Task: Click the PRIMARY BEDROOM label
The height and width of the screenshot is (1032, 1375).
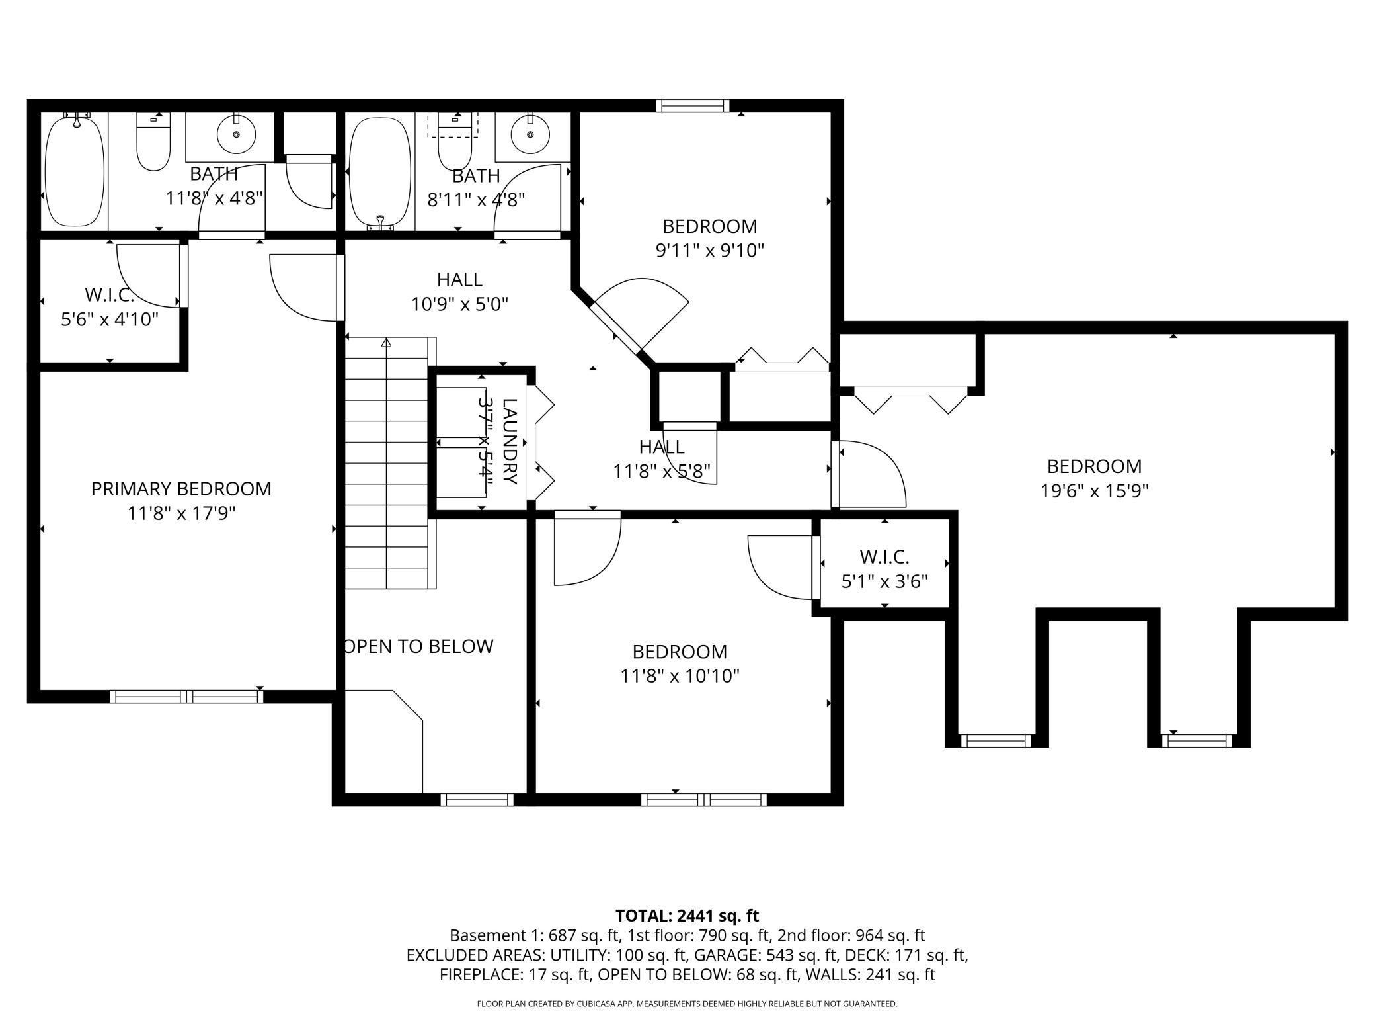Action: [181, 489]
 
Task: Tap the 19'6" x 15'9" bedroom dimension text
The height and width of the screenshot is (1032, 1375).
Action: [1095, 492]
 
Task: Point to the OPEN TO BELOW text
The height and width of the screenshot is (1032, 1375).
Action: [419, 646]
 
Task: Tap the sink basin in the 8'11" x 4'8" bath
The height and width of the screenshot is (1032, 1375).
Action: [531, 134]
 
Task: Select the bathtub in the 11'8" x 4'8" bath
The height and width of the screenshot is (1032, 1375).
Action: [75, 169]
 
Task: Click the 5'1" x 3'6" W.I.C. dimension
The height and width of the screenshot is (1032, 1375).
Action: [884, 582]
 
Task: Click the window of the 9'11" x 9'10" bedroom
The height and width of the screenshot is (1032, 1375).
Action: [693, 106]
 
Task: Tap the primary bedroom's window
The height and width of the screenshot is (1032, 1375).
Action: [186, 696]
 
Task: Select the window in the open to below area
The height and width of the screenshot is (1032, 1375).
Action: [477, 799]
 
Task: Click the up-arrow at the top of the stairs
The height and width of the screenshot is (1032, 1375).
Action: [386, 342]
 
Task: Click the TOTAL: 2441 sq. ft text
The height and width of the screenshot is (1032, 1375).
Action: [687, 916]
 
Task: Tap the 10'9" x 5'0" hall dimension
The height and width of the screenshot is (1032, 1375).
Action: [459, 304]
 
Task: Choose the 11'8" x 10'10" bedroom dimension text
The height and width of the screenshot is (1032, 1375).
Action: [680, 677]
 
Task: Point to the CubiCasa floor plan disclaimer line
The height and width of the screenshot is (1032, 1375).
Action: [687, 1004]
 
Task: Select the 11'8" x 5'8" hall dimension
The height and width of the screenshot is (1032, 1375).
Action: [662, 472]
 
